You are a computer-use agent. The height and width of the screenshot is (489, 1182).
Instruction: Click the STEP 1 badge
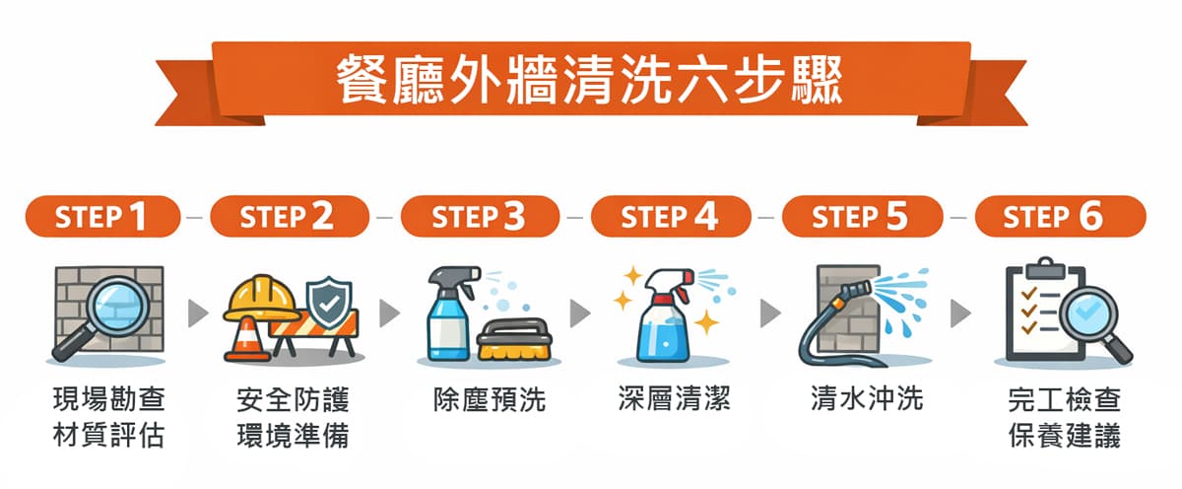[102, 217]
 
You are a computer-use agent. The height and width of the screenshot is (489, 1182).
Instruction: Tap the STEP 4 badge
[671, 217]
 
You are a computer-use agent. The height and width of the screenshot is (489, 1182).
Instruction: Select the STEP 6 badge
[1061, 217]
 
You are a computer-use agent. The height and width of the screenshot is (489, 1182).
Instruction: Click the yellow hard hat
[261, 299]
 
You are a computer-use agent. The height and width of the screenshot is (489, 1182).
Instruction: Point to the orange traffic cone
[247, 339]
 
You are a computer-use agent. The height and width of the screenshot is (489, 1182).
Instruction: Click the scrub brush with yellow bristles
[514, 339]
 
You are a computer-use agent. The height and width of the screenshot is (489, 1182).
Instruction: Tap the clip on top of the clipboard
[1045, 269]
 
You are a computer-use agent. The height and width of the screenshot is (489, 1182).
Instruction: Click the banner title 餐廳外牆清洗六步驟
[590, 81]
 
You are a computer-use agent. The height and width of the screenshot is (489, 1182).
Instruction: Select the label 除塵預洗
[490, 399]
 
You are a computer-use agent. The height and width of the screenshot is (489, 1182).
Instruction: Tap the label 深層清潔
[675, 398]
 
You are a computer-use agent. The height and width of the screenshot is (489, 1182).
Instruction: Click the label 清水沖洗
[867, 398]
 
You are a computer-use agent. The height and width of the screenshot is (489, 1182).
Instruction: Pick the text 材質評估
[108, 436]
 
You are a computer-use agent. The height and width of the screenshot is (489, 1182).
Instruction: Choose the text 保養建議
[1064, 436]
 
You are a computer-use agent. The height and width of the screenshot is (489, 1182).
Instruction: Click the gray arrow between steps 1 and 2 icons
[198, 314]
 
